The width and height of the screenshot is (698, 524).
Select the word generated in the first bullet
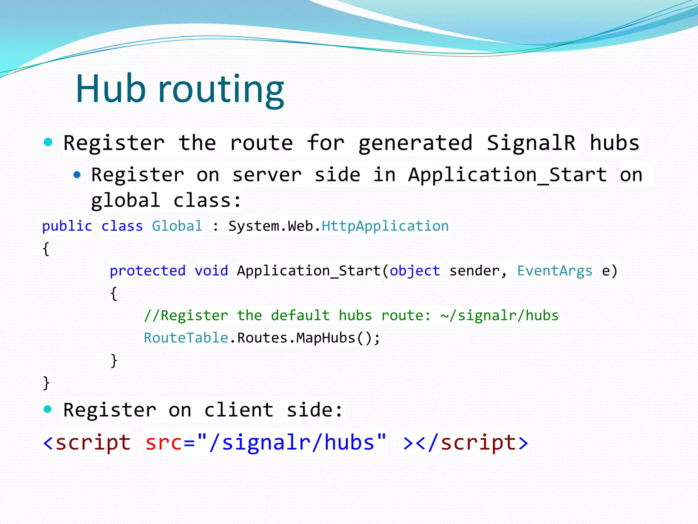[415, 143]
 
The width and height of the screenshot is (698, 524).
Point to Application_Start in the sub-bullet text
[507, 175]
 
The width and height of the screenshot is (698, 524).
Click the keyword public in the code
[67, 226]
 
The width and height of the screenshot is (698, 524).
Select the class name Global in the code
[177, 226]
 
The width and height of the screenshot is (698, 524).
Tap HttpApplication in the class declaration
[385, 226]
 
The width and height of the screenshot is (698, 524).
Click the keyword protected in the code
[148, 271]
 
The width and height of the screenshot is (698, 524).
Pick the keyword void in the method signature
[211, 271]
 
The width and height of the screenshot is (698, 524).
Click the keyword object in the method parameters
[415, 271]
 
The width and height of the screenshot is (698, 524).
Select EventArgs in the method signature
[555, 271]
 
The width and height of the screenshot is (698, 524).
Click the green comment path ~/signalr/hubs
[500, 316]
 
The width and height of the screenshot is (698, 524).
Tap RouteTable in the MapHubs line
[186, 338]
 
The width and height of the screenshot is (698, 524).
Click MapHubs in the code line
[326, 338]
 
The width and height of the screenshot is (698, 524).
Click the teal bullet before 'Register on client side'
[48, 409]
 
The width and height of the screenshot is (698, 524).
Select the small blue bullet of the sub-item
[77, 175]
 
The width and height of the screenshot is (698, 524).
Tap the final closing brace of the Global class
[46, 383]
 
